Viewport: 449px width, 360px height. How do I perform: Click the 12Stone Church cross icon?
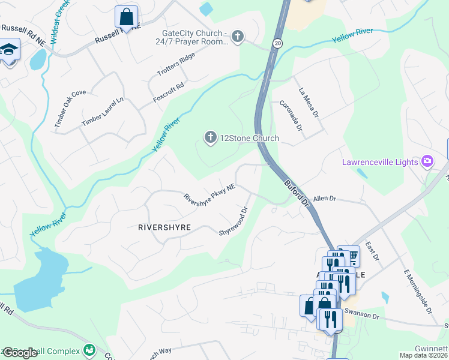210,138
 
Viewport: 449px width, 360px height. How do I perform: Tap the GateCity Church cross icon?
238,37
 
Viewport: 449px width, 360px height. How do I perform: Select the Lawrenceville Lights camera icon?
427,161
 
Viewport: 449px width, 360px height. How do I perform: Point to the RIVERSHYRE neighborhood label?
164,227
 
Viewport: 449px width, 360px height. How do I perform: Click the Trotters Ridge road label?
176,65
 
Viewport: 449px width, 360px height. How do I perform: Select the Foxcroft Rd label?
167,89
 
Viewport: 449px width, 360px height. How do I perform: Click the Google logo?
20,353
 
